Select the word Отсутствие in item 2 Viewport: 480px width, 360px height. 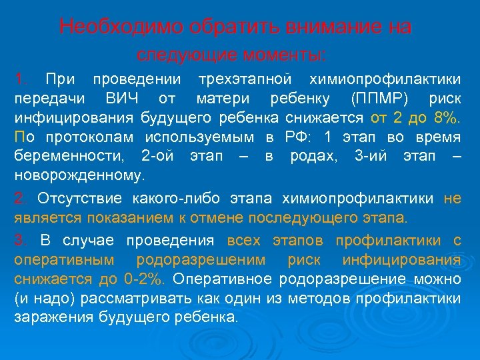(71, 199)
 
